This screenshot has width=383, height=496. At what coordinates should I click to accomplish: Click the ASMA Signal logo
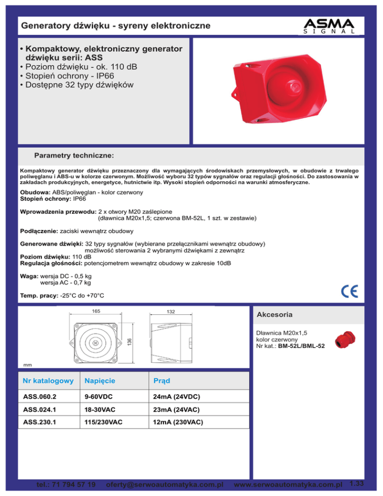point(329,25)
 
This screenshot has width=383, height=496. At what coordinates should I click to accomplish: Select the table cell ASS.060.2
point(39,397)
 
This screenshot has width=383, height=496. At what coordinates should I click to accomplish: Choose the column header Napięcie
point(99,381)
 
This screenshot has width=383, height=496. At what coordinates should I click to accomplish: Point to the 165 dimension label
point(96,311)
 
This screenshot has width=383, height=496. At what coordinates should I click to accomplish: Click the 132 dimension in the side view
point(171,312)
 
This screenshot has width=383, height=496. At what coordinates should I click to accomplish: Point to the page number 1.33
point(357,483)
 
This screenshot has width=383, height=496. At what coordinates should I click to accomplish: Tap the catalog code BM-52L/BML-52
point(302,345)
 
